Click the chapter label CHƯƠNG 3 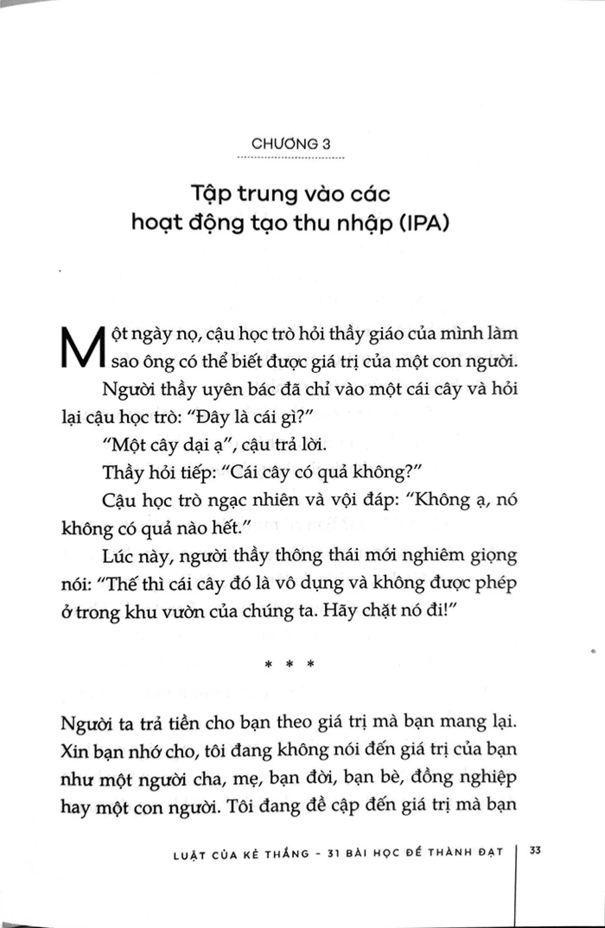point(291,144)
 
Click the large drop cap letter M point(82,348)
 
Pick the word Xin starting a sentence point(74,750)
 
